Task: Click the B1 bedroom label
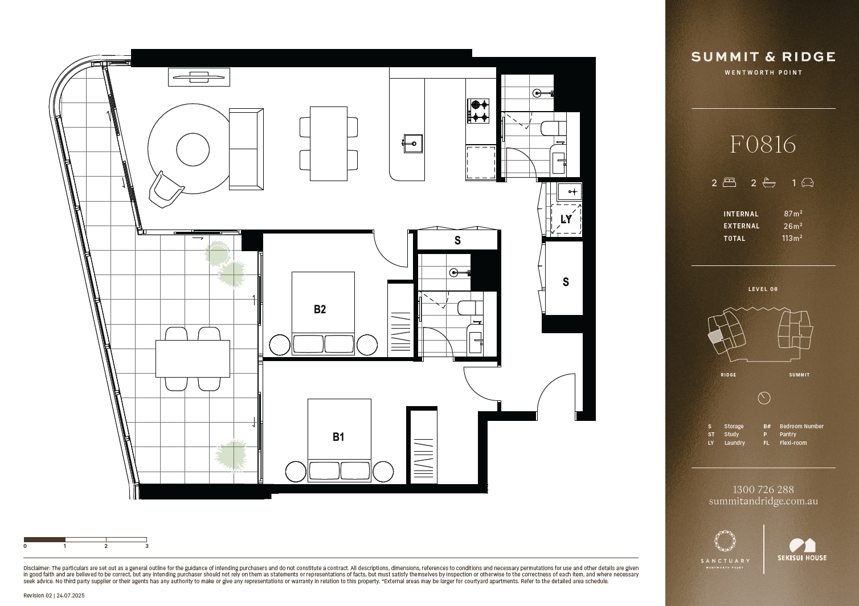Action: click(338, 437)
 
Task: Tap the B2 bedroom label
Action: click(320, 309)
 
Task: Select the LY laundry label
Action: click(566, 219)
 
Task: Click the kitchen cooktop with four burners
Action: click(478, 111)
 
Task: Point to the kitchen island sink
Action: click(413, 144)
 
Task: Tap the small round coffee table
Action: click(193, 150)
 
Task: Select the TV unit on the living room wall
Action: click(199, 77)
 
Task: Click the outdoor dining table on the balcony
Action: click(193, 359)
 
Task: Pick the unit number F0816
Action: click(763, 145)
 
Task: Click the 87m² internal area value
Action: click(793, 214)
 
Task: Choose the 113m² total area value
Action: click(792, 238)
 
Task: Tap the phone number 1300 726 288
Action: click(763, 489)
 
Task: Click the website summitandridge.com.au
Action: click(763, 501)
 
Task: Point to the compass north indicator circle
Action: click(764, 398)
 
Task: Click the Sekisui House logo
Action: click(802, 550)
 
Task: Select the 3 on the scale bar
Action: click(147, 546)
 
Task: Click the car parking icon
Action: click(807, 183)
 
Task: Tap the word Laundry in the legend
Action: click(734, 443)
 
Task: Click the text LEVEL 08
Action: click(763, 289)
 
